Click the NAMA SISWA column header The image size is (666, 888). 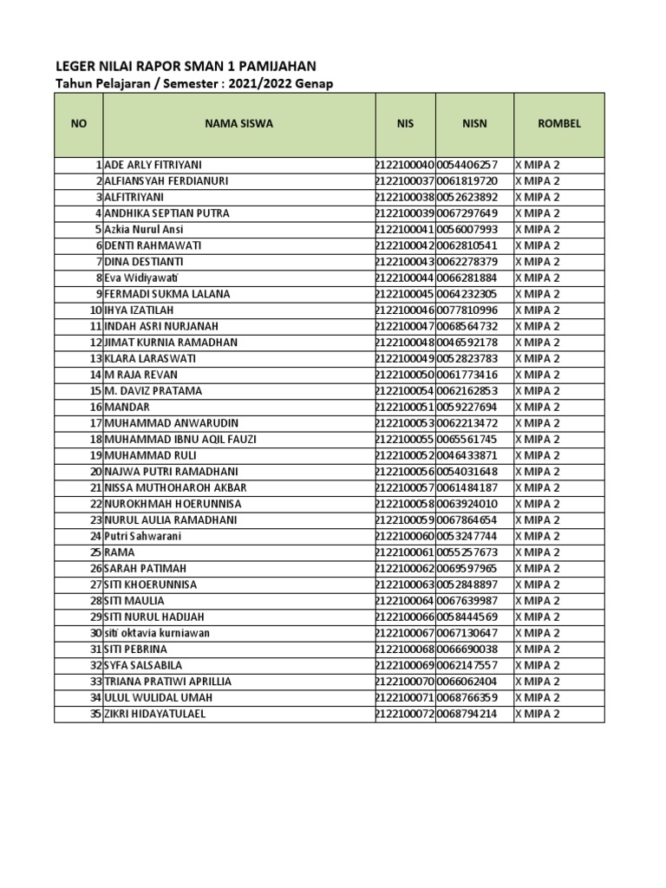pos(238,124)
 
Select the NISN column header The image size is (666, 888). pos(474,124)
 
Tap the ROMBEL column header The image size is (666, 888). pos(559,124)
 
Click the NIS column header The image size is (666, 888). pos(405,124)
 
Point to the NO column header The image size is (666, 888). pos(79,124)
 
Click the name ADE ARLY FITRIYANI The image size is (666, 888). pos(156,165)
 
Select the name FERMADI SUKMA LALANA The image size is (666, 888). pos(166,294)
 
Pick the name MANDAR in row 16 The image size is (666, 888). pos(127,407)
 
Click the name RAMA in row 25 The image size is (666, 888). pos(120,552)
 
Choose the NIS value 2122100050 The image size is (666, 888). pos(405,375)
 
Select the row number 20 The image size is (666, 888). pos(95,472)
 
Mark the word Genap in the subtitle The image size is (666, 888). pos(316,83)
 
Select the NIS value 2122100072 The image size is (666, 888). pos(405,714)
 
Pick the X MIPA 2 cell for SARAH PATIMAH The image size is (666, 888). pos(538,569)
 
